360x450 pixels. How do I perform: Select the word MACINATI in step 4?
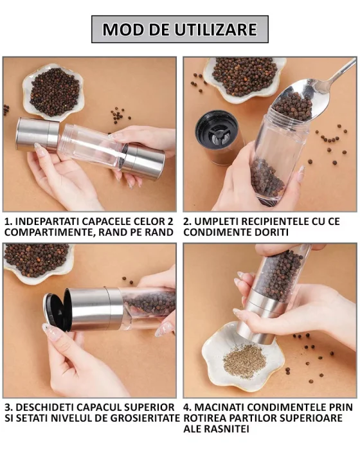(x=224, y=408)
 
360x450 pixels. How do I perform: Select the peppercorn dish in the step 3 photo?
(x=35, y=261)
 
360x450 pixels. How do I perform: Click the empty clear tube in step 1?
(x=90, y=145)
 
